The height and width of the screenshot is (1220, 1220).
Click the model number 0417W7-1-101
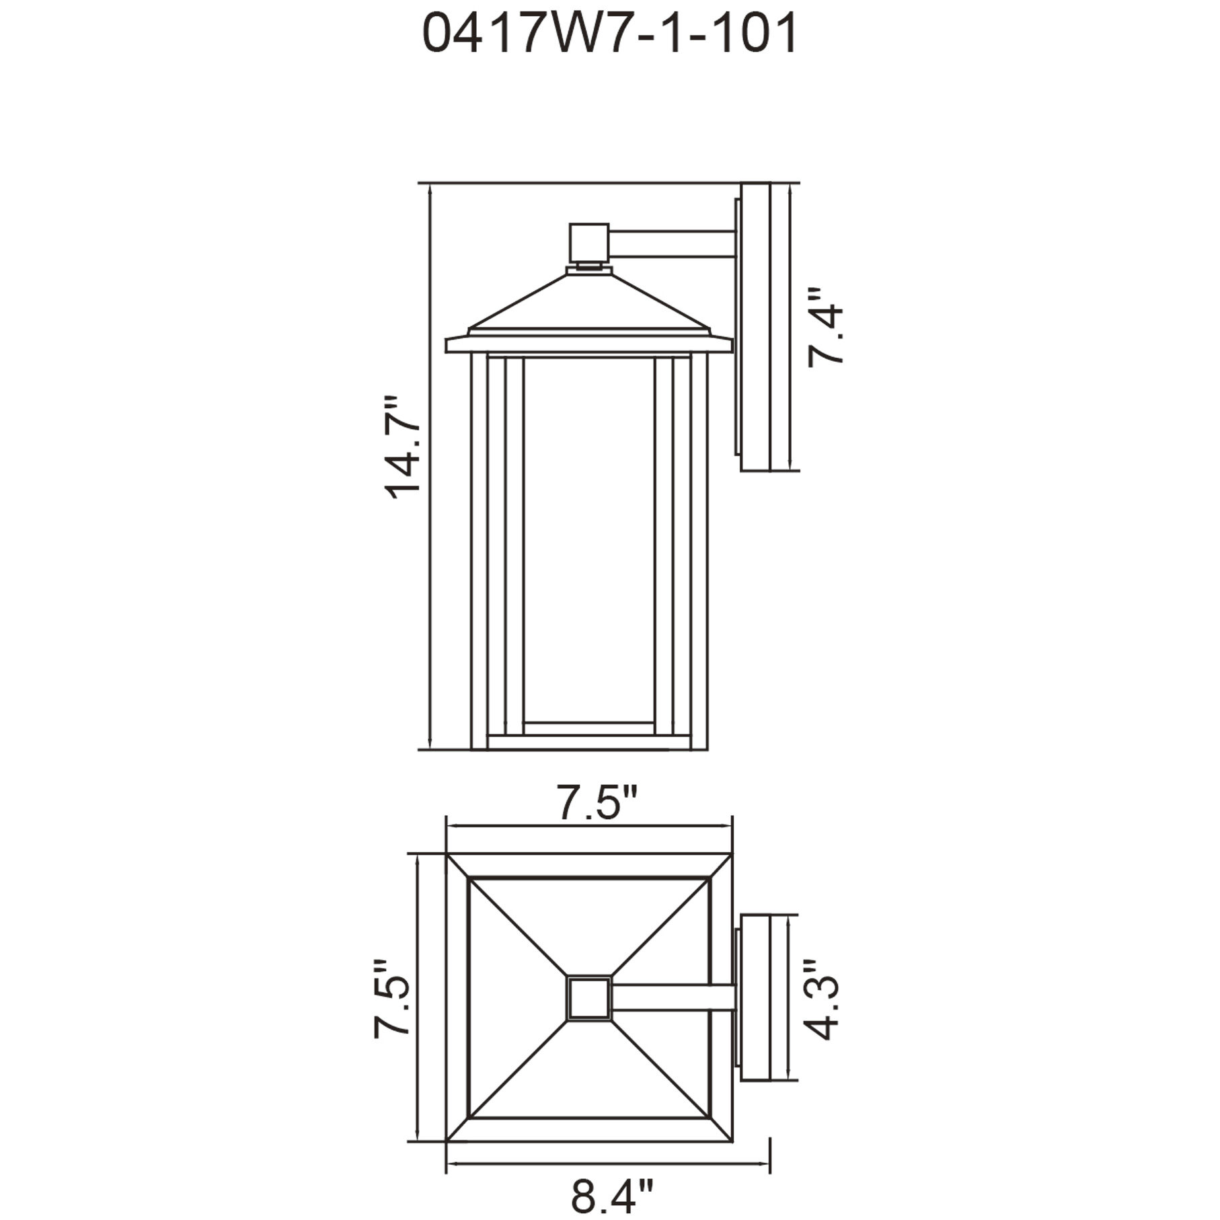(609, 34)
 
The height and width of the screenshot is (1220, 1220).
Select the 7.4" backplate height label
(825, 328)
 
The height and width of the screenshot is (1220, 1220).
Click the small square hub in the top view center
(588, 998)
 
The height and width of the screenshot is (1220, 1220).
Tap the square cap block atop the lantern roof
(588, 243)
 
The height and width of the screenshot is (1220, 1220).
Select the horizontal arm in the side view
(673, 243)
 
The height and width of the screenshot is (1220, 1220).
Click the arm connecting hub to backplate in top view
(673, 997)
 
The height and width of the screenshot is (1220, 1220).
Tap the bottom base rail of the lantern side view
(589, 742)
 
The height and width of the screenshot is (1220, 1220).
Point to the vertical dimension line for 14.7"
(430, 605)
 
